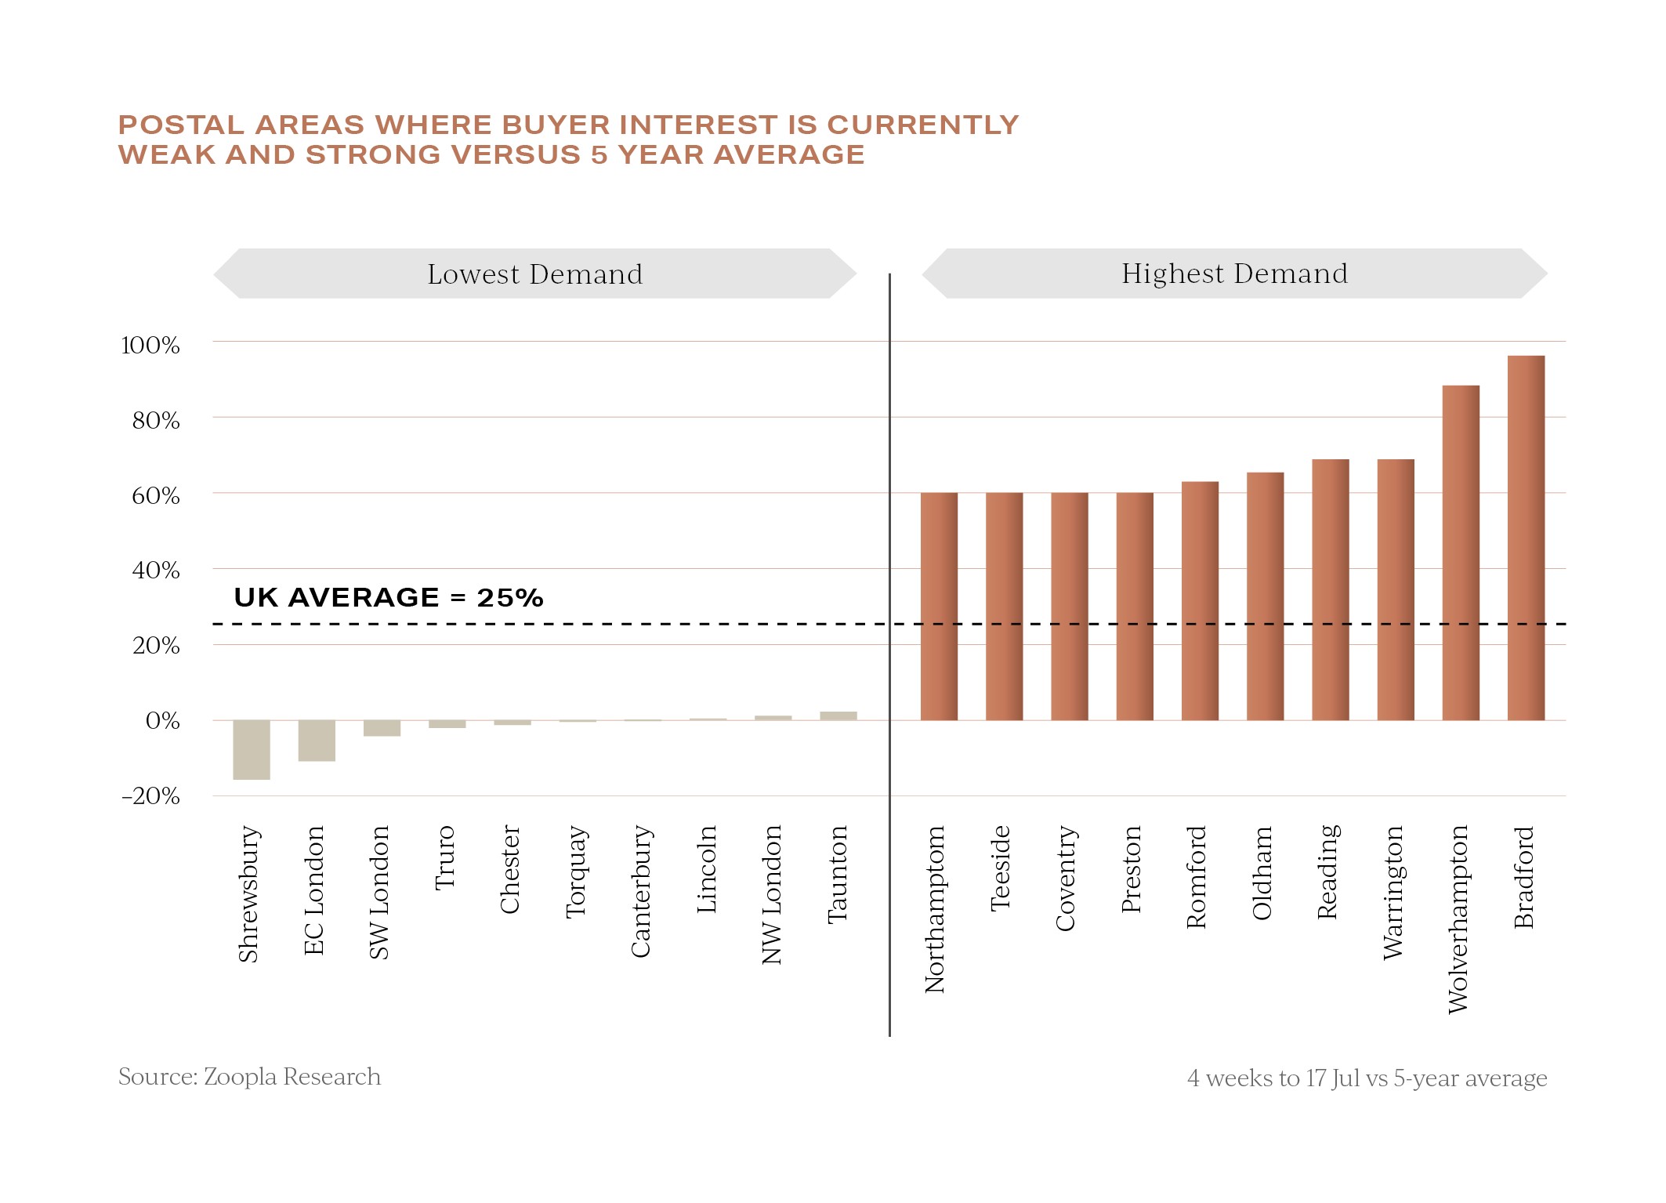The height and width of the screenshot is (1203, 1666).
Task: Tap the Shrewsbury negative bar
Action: (252, 749)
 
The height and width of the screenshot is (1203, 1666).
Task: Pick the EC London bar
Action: (317, 740)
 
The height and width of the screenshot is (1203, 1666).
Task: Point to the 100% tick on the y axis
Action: (150, 346)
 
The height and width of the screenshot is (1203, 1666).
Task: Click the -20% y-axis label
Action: (150, 796)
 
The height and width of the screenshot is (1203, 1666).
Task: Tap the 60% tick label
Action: (155, 496)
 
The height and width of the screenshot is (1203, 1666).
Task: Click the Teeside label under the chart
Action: (1001, 868)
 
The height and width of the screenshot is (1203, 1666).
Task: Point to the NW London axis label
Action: (772, 894)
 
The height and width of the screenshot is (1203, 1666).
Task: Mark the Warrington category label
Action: (1393, 892)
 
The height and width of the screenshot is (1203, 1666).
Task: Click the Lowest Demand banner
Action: (535, 274)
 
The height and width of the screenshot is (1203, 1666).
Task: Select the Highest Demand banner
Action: (1234, 274)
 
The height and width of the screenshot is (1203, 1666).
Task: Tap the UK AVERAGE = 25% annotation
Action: (389, 598)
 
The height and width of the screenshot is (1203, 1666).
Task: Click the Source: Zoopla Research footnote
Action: (249, 1077)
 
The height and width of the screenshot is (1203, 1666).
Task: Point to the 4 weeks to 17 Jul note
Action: (1367, 1078)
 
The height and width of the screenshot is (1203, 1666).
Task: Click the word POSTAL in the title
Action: (181, 125)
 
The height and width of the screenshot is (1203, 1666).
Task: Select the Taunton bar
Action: (838, 716)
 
